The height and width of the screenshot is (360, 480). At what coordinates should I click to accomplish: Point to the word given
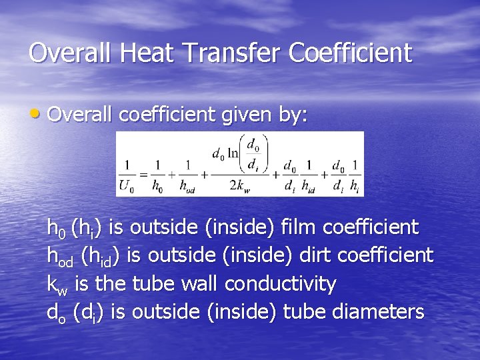click(241, 115)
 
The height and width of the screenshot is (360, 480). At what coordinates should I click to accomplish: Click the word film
click(299, 227)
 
